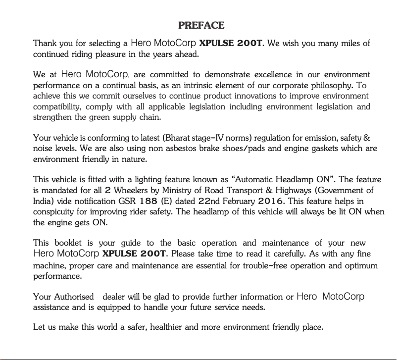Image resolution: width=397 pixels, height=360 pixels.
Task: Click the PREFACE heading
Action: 201,25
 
